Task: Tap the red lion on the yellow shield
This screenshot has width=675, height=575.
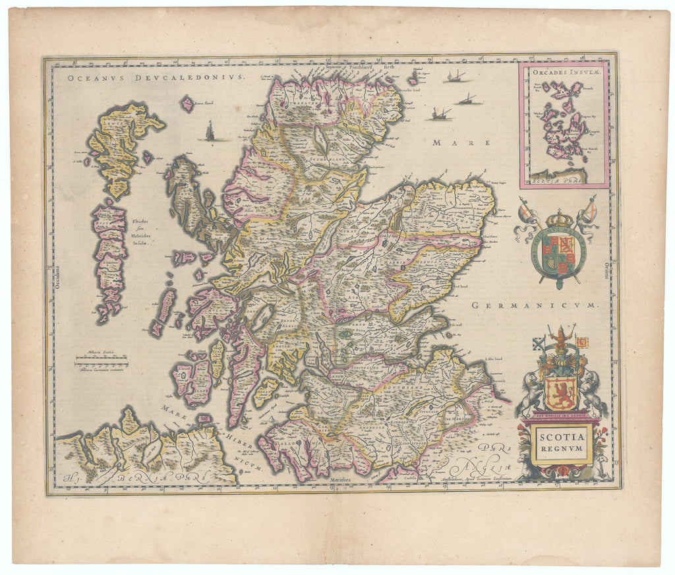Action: (561, 392)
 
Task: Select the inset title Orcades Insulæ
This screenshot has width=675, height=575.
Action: (564, 73)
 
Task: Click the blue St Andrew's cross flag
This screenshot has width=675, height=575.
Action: (539, 342)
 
